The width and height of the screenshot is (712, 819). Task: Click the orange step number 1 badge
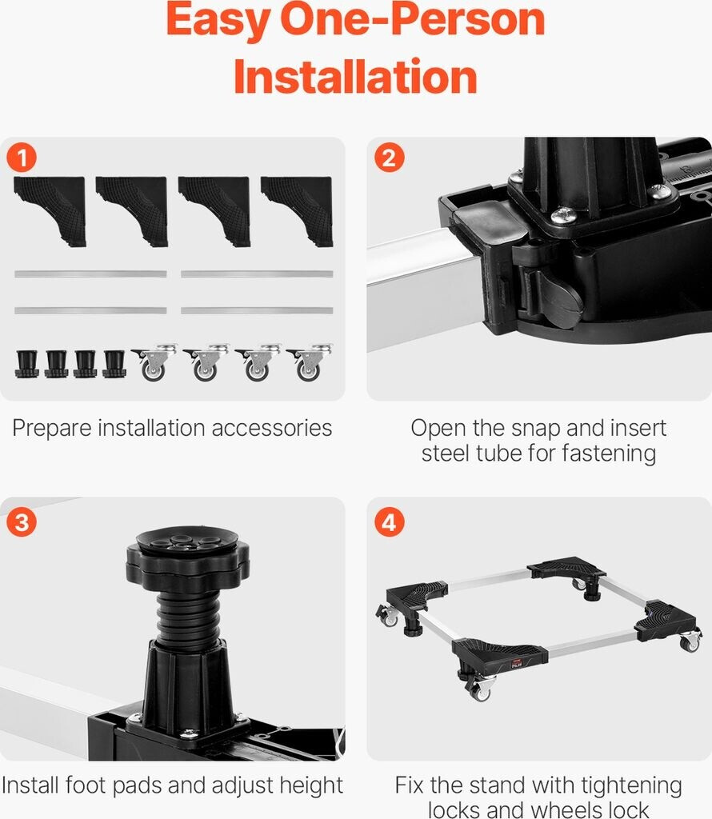[x=22, y=158]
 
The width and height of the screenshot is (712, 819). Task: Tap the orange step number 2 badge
[x=390, y=158]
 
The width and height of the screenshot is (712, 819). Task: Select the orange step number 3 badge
[x=22, y=521]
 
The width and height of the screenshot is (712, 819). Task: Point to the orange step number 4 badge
[x=390, y=521]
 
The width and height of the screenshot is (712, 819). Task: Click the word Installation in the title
[x=355, y=77]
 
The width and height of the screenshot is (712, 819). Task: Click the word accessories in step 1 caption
[x=272, y=428]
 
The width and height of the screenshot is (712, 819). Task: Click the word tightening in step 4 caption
[x=631, y=785]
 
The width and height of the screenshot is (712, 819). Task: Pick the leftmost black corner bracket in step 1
[x=50, y=211]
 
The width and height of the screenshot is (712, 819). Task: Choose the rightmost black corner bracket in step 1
[x=297, y=211]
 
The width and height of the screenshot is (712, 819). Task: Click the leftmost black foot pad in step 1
[x=26, y=364]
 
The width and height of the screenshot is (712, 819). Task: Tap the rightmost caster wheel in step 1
[x=309, y=362]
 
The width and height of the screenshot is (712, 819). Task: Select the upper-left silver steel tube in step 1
[x=90, y=274]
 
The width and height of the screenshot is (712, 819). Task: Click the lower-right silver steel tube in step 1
[x=257, y=310]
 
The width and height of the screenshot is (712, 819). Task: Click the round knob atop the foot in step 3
[x=187, y=557]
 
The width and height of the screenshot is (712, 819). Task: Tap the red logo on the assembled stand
[x=517, y=664]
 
